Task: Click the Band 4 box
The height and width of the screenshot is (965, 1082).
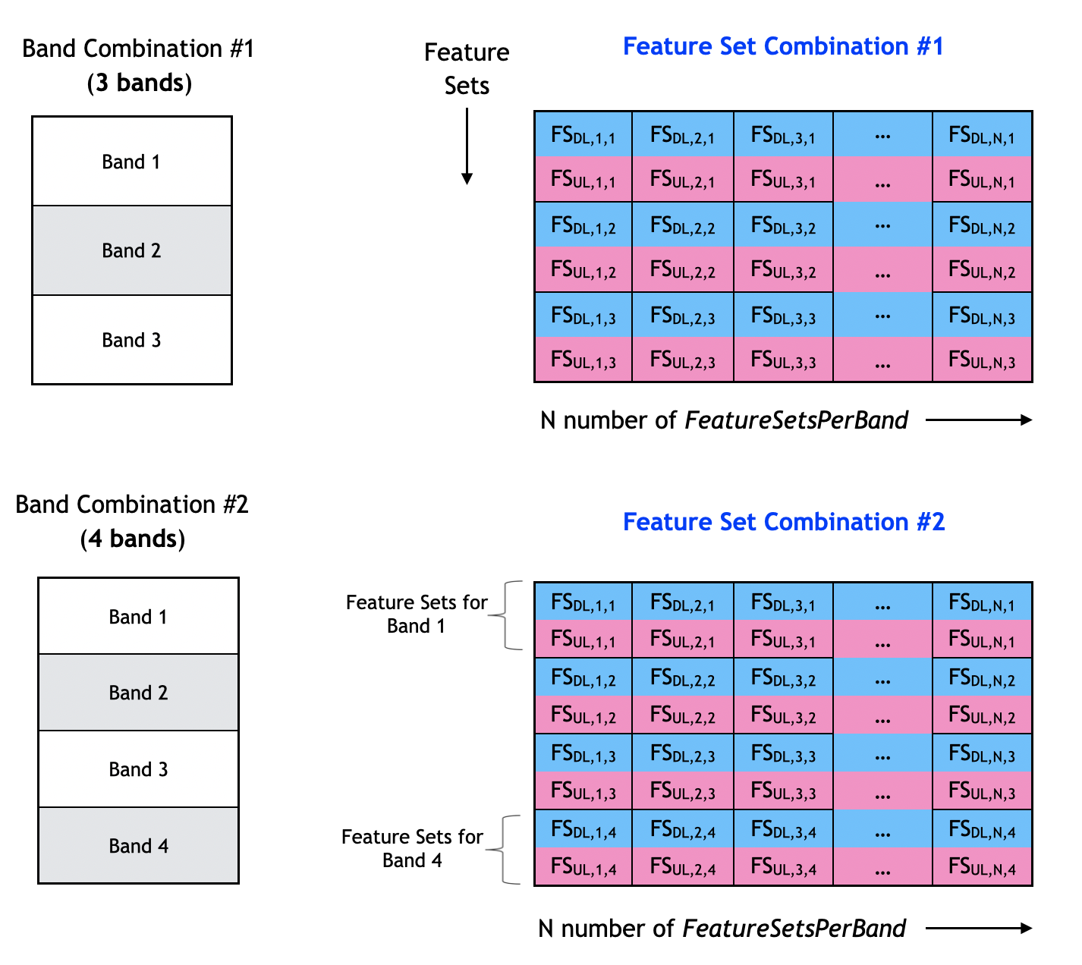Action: coord(138,845)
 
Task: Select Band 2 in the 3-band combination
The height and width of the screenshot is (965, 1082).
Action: coord(131,250)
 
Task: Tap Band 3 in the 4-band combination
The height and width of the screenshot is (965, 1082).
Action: coord(138,769)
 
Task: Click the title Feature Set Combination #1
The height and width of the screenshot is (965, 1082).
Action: coord(783,46)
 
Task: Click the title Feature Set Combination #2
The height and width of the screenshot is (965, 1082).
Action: coord(784,522)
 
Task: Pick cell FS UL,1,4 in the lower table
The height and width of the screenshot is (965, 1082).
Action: coord(583,866)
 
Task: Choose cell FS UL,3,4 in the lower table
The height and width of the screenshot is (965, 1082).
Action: coord(783,866)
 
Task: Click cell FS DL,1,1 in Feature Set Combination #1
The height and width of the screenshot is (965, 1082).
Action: coord(583,135)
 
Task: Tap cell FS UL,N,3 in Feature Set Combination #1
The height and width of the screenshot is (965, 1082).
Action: coord(982,360)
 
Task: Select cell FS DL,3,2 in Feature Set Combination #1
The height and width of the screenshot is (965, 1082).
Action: coord(783,225)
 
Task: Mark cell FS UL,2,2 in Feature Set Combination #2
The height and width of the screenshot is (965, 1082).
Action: coord(682,715)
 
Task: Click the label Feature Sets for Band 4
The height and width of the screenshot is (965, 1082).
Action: coord(412,848)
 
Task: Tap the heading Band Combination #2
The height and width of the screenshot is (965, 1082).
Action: coord(132,505)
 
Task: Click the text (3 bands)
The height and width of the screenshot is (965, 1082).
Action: coord(139,83)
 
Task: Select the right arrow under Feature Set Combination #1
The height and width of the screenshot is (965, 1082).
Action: coord(979,420)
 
